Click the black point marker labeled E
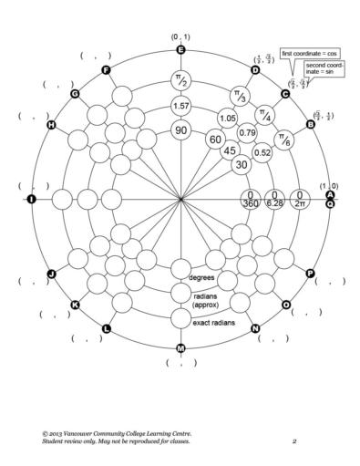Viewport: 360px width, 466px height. [x=180, y=50]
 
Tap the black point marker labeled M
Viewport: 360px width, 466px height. [x=180, y=348]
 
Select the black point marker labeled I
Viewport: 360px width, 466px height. [x=32, y=199]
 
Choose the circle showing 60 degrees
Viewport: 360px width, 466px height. [x=215, y=140]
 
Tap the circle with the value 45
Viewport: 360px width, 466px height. [x=231, y=150]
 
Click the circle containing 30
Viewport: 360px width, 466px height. [x=242, y=165]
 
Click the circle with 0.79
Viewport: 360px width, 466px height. [x=246, y=133]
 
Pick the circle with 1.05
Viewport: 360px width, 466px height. [x=228, y=119]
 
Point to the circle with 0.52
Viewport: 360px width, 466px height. [x=263, y=152]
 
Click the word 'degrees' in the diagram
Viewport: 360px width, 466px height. [x=201, y=276]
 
